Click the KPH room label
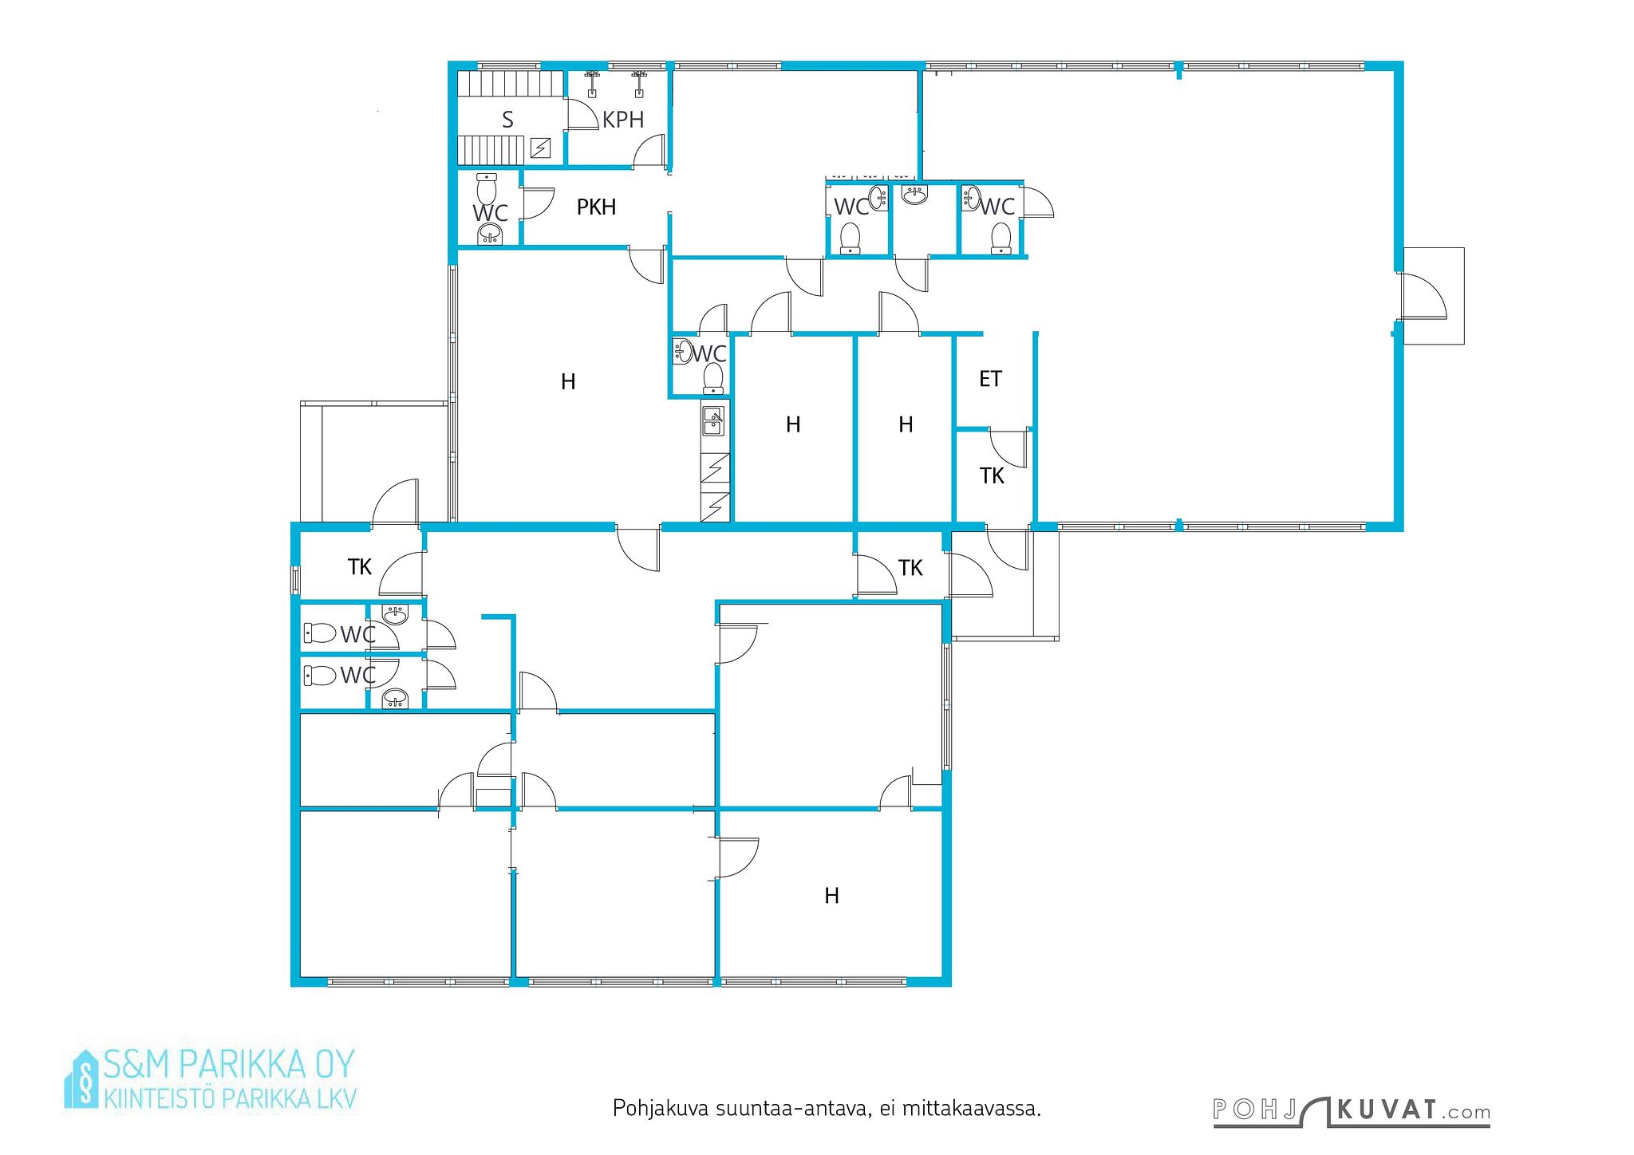[623, 120]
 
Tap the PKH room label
[596, 207]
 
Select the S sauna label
[507, 120]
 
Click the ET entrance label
[990, 379]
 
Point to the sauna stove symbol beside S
[540, 148]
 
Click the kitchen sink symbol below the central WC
[712, 420]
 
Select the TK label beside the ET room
[992, 476]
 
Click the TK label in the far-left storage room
[360, 567]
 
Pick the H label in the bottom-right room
[831, 896]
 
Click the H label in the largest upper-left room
[568, 382]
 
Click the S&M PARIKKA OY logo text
[229, 1064]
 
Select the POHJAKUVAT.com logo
[1352, 1111]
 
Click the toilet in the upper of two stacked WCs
[320, 633]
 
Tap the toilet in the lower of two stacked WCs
[320, 676]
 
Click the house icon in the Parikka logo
[81, 1078]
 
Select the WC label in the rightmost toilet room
[997, 207]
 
